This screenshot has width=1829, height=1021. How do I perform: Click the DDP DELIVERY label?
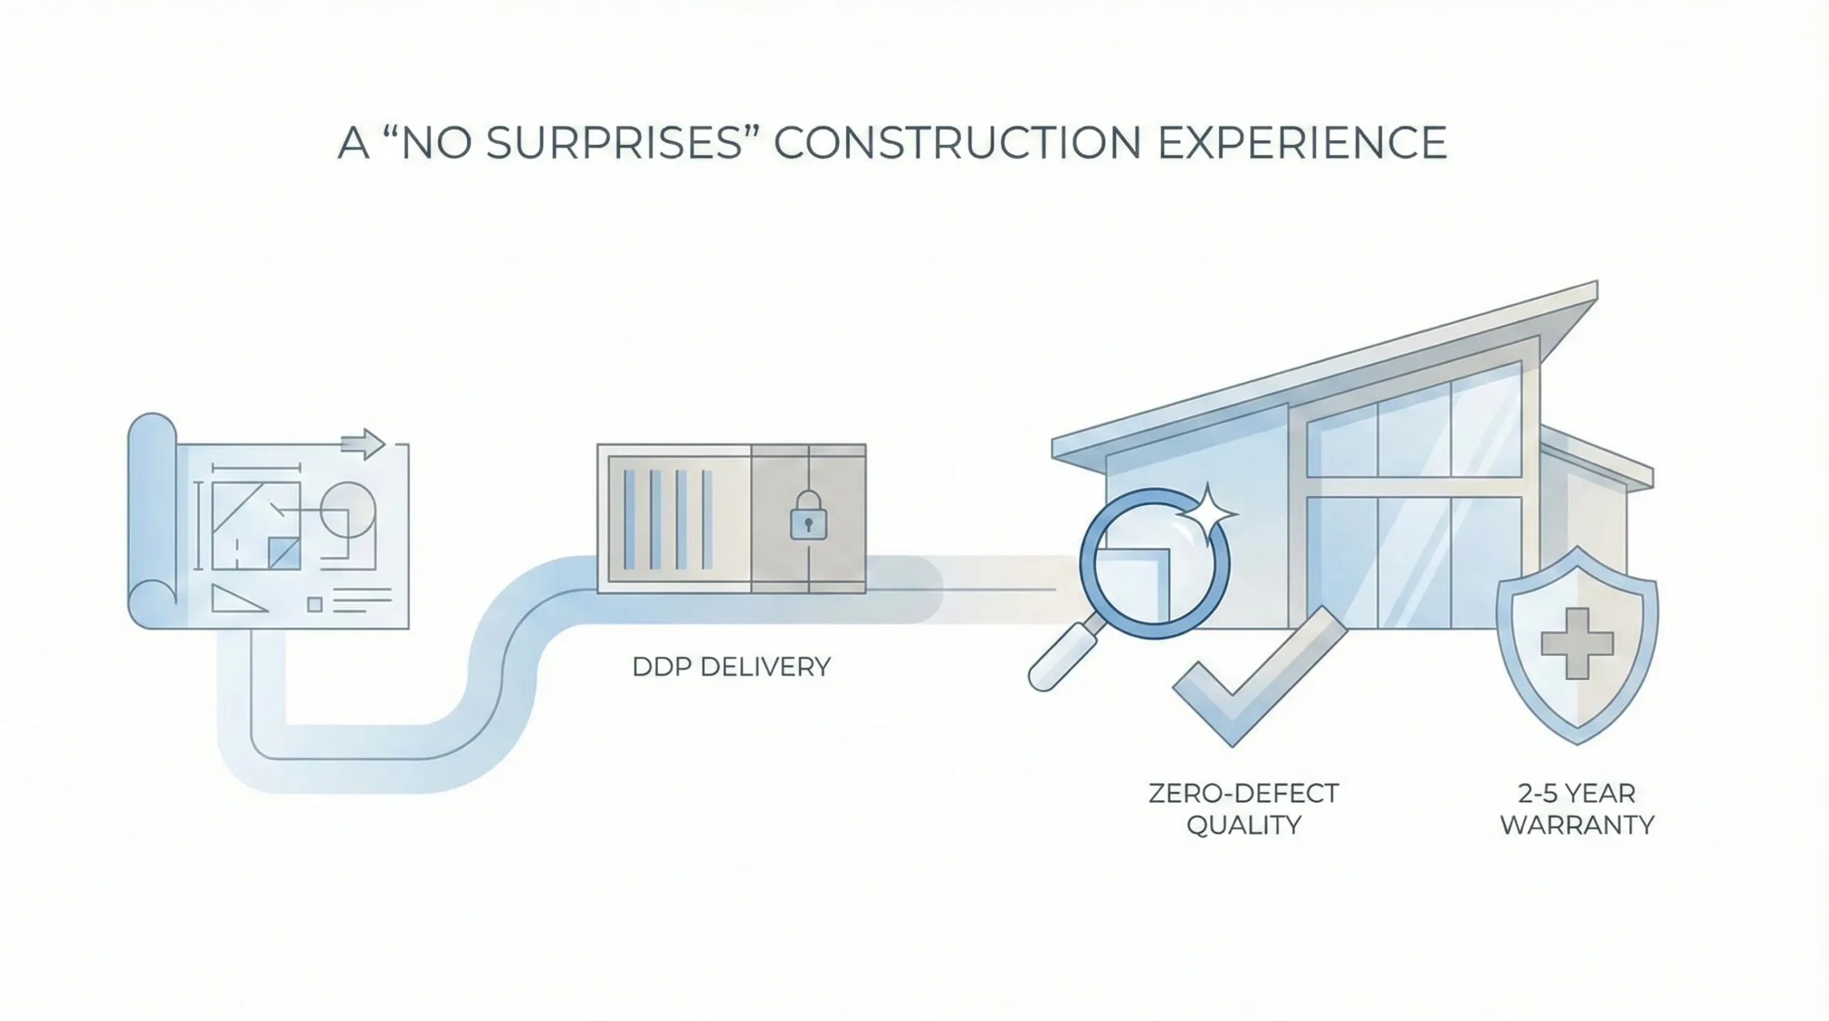[732, 667]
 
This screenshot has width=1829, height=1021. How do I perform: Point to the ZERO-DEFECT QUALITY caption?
[1243, 809]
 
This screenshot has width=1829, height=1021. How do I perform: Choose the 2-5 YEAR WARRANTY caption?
[1577, 809]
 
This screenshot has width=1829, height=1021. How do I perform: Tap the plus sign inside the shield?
[1577, 644]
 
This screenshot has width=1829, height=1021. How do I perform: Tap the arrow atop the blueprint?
[363, 444]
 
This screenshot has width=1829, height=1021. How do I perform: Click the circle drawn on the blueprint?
[348, 509]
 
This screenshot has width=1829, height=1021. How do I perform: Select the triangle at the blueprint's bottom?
[236, 600]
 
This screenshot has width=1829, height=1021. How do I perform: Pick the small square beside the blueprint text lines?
[314, 605]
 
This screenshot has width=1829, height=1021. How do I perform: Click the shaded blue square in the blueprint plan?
[284, 554]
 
